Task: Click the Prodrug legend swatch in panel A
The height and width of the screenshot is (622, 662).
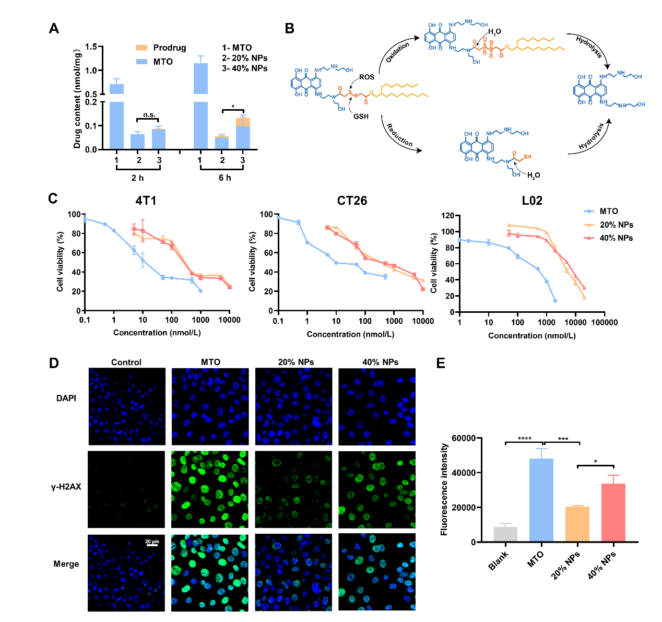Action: tap(141, 48)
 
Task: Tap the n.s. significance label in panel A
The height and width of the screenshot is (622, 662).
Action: tap(149, 115)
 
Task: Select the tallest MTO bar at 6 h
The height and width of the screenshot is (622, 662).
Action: tap(200, 104)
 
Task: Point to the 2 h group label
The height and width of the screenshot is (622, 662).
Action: tap(137, 178)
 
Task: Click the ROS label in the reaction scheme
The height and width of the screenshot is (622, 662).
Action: tap(367, 77)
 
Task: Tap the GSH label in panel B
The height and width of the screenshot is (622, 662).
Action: tap(361, 116)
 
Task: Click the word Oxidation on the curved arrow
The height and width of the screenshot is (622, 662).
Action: tap(397, 52)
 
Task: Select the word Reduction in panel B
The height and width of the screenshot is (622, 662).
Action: tap(399, 135)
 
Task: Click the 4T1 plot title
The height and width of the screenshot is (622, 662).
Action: tap(146, 201)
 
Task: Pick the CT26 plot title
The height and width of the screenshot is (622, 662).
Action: tap(352, 201)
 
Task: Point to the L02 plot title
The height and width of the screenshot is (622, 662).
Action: tap(532, 201)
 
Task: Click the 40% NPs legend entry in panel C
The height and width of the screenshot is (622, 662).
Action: tap(616, 238)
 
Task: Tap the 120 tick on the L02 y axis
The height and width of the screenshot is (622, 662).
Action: tap(447, 215)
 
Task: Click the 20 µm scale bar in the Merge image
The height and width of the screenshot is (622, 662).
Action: tap(151, 545)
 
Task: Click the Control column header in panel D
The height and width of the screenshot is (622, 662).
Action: tap(126, 362)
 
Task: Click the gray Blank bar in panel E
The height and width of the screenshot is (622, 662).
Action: tap(505, 534)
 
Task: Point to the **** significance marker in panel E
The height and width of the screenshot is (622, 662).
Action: tap(525, 439)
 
